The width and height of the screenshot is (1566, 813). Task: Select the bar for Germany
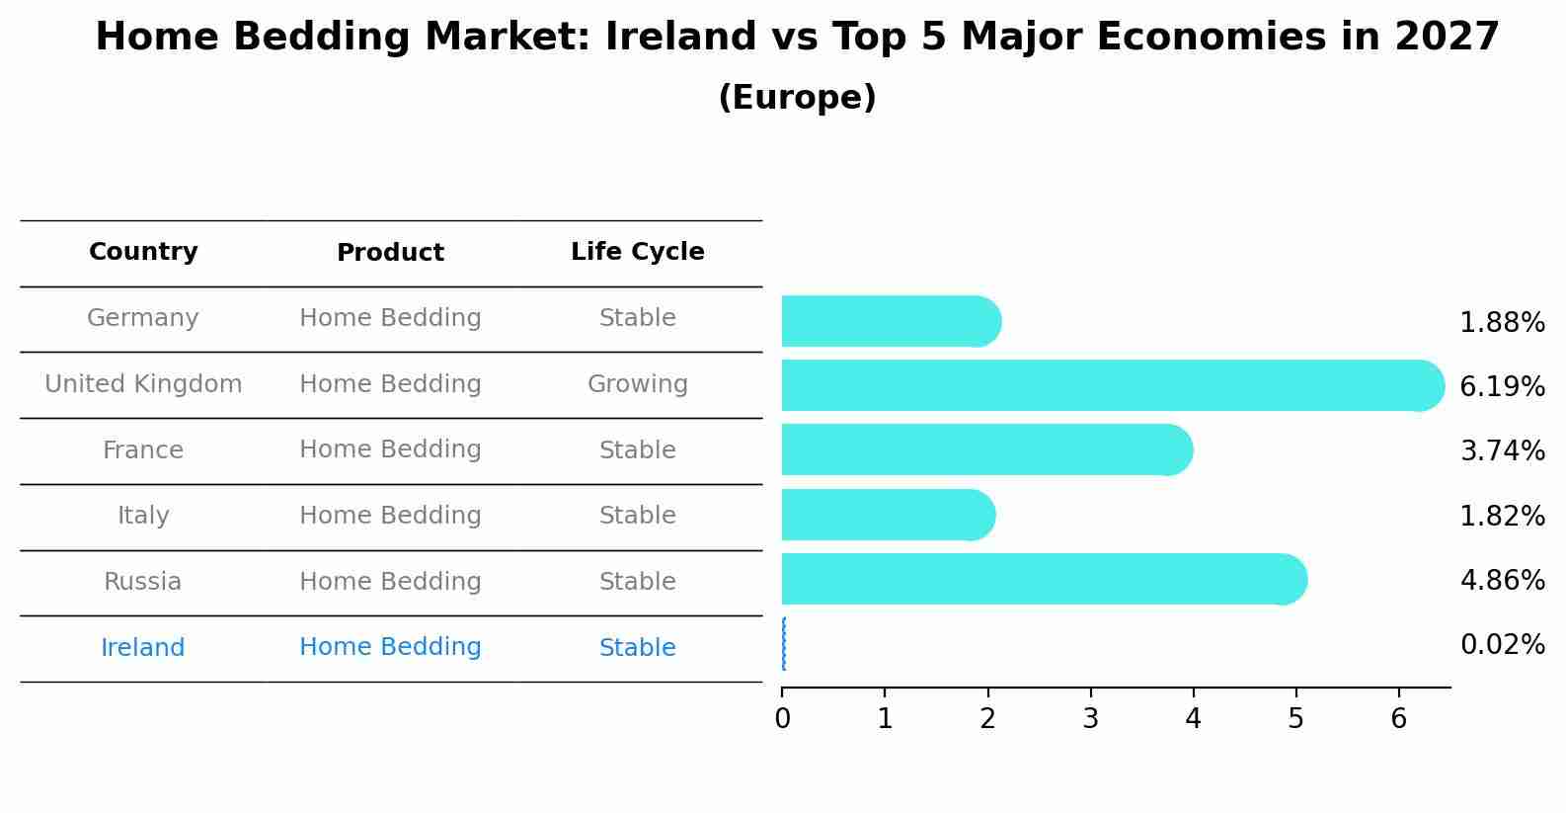[x=889, y=321]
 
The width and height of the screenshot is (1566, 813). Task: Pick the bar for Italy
[x=887, y=515]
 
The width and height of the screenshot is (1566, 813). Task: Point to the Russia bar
[x=1043, y=579]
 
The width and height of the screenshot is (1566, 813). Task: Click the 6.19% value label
[x=1502, y=386]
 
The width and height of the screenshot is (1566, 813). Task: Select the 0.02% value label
[x=1502, y=645]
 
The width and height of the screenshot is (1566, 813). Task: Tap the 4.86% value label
[x=1502, y=580]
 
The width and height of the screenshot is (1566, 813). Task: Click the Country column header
[x=143, y=252]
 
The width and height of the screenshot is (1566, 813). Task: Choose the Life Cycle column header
[x=637, y=252]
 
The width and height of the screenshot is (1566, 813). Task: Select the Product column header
[x=390, y=253]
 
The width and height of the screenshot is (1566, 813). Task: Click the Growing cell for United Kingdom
[x=637, y=384]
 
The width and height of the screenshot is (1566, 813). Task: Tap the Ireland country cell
[x=143, y=648]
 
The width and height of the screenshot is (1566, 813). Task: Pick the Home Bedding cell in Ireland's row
[x=390, y=647]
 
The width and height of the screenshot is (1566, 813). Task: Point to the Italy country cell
[x=143, y=516]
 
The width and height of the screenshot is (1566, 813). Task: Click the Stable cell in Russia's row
[x=637, y=582]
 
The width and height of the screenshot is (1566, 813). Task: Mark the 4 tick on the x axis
[x=1193, y=718]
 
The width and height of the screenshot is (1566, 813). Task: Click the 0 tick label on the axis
[x=782, y=719]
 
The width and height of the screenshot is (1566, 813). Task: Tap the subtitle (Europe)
[x=797, y=98]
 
